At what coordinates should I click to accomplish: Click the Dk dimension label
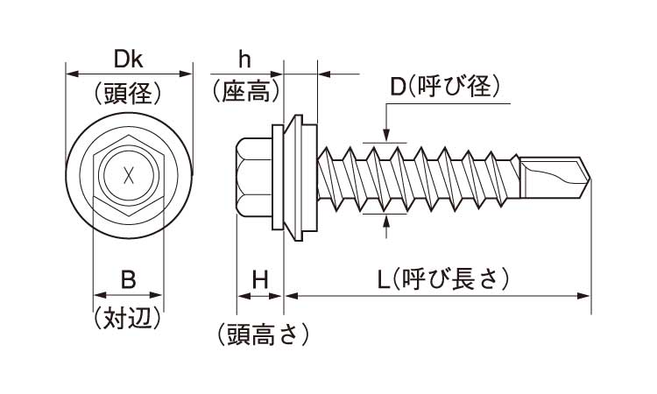click(x=129, y=60)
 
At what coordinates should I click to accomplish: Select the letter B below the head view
click(x=128, y=280)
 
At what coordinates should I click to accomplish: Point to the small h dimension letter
click(x=245, y=60)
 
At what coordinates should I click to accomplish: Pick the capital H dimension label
click(x=259, y=280)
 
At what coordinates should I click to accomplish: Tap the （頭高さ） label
click(x=260, y=334)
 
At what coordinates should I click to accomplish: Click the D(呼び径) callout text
click(x=444, y=86)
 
